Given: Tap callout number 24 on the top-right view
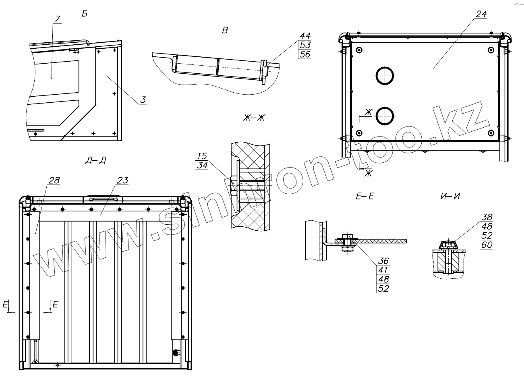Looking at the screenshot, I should point(481,14).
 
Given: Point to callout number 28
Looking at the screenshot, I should point(54,180).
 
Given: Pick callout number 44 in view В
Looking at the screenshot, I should point(305,36).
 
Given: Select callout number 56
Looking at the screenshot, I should point(305,54).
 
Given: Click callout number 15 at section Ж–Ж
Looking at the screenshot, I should point(202,156).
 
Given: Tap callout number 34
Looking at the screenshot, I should point(202,165).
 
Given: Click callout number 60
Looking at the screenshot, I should point(487,245).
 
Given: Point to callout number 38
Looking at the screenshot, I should point(487,217).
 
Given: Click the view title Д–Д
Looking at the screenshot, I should point(95,161).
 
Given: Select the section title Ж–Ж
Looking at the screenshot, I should point(254,118).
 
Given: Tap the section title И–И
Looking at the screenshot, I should point(450,197).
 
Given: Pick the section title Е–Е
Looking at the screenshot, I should point(365,197).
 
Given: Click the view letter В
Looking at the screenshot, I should point(225,30).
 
